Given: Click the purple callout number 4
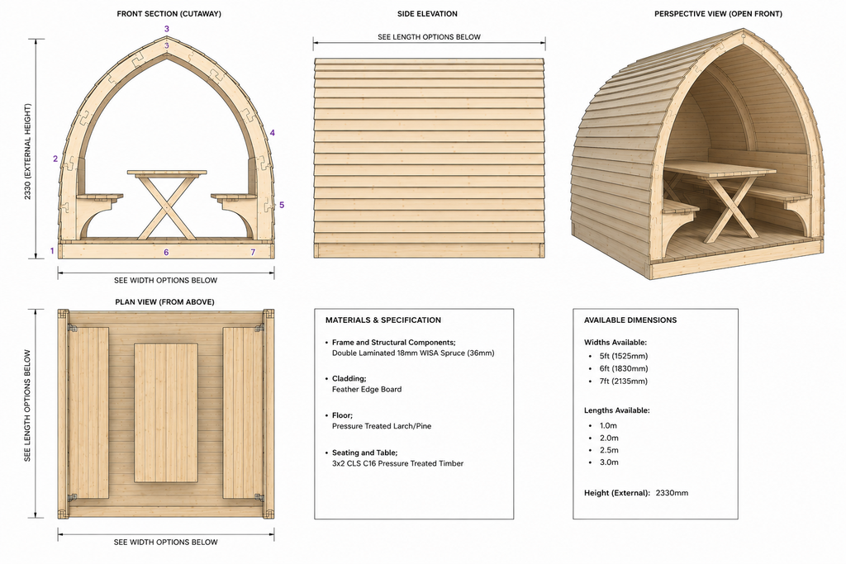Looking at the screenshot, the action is click(273, 133).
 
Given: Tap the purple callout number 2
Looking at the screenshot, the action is click(55, 159).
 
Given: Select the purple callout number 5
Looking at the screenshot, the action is click(282, 205).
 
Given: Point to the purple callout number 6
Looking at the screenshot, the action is click(166, 252).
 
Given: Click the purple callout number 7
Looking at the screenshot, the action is click(253, 252).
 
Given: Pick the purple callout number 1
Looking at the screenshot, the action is click(52, 251).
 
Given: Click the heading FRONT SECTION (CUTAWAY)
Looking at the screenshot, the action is click(169, 14).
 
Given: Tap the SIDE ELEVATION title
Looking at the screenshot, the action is click(427, 14).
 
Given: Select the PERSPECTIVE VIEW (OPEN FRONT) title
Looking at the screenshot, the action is click(718, 14).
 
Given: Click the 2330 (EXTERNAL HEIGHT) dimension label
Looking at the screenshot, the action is click(27, 151).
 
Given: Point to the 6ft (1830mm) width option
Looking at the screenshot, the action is click(624, 369).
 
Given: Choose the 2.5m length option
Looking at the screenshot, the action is click(609, 450).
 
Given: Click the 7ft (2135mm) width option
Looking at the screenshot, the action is click(624, 382).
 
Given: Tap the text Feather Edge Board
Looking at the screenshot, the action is click(367, 389).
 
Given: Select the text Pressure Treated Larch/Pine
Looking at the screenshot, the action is click(382, 426).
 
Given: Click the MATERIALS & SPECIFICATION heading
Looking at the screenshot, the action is click(383, 320).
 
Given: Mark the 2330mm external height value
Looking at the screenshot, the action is click(672, 493).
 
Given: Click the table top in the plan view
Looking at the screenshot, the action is click(165, 413).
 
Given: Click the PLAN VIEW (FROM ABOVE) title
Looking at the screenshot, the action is click(164, 302).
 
